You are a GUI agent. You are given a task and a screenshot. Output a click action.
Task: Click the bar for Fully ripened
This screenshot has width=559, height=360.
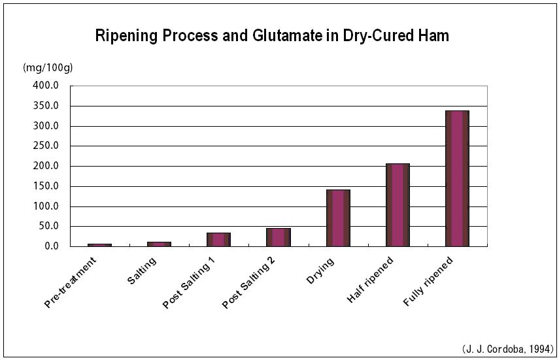click(x=457, y=178)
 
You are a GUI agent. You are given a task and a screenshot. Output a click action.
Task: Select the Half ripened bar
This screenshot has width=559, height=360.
click(x=398, y=205)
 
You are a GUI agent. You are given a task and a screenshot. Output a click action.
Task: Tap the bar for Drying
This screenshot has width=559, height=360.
click(x=338, y=218)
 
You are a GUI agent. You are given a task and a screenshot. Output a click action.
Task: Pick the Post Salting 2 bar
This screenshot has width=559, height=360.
click(x=279, y=237)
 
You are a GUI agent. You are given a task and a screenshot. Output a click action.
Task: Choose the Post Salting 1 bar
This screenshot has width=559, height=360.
click(x=218, y=239)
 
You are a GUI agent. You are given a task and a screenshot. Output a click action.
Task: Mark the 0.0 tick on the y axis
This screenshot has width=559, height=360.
click(x=50, y=246)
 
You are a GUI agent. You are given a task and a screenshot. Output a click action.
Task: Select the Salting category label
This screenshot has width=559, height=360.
click(x=142, y=271)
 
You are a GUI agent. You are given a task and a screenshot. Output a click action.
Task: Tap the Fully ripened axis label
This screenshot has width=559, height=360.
click(x=428, y=282)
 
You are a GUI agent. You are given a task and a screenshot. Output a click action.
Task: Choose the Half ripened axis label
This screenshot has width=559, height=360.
click(x=371, y=281)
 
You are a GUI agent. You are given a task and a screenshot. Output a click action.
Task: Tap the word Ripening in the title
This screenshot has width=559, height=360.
click(x=126, y=35)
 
